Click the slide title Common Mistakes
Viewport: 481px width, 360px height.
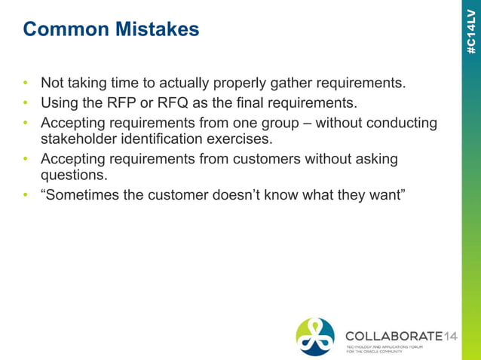(x=111, y=29)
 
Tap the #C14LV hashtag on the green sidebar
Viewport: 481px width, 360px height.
(x=471, y=30)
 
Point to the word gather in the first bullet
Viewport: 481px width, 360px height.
(x=290, y=82)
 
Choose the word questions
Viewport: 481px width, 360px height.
(x=74, y=175)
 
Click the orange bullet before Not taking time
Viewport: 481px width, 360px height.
(x=26, y=82)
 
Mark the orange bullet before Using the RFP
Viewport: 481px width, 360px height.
(x=26, y=102)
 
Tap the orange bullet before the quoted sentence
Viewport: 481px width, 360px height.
(x=26, y=195)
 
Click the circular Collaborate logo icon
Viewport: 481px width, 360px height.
(x=315, y=336)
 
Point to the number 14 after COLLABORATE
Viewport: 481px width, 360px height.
(x=449, y=334)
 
